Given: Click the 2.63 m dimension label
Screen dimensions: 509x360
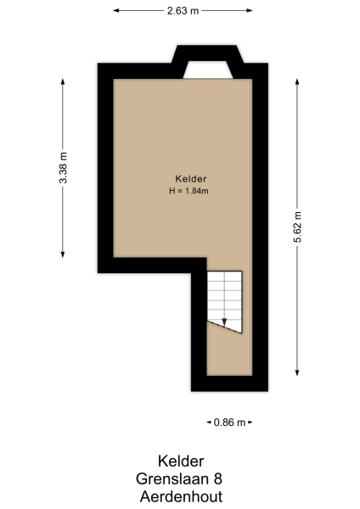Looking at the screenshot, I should pos(183,11).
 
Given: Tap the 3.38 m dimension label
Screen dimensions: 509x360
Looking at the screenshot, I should pos(64,168).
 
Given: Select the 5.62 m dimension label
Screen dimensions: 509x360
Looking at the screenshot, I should pos(297,227).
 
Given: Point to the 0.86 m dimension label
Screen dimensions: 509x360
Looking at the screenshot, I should pos(229,422).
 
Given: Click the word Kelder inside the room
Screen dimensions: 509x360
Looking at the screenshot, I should pos(191,179).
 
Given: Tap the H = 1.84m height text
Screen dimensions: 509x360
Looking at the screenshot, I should pos(189,191).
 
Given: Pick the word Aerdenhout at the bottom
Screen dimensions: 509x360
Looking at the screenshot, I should pos(181,496).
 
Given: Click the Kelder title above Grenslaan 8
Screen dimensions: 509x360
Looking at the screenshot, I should pos(181,462).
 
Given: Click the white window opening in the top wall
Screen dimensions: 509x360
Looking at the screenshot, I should pos(207,70).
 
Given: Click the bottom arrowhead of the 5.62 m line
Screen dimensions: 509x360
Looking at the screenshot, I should pos(297,373).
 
